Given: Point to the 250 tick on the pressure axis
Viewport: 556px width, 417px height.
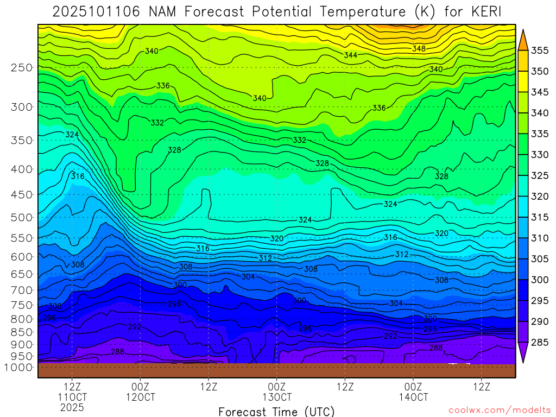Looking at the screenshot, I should point(21,68).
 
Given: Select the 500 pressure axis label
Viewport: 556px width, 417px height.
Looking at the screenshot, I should point(21,217).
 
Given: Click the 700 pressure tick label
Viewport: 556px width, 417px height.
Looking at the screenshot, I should point(21,289).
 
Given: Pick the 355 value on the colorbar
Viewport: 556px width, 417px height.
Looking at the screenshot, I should point(540,50).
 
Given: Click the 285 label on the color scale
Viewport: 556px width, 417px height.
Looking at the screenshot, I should point(540,342).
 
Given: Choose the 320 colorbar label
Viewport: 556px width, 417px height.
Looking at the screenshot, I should point(540,197).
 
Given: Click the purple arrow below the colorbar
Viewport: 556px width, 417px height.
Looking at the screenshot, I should point(523,353).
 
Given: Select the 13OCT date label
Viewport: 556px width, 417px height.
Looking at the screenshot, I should point(277,397).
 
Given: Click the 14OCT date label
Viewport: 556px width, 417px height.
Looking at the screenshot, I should point(413,397).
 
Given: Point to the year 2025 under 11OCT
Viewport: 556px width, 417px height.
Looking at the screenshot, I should point(72,407).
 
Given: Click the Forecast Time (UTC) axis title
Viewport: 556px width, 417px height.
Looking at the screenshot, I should point(276,411).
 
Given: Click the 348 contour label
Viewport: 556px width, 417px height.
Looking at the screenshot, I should point(419,49).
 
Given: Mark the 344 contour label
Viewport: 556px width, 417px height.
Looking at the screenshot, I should point(351,55).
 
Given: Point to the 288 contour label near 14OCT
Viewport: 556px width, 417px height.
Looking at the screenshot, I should point(436,347).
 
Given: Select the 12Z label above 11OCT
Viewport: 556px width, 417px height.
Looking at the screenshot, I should point(72,387).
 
